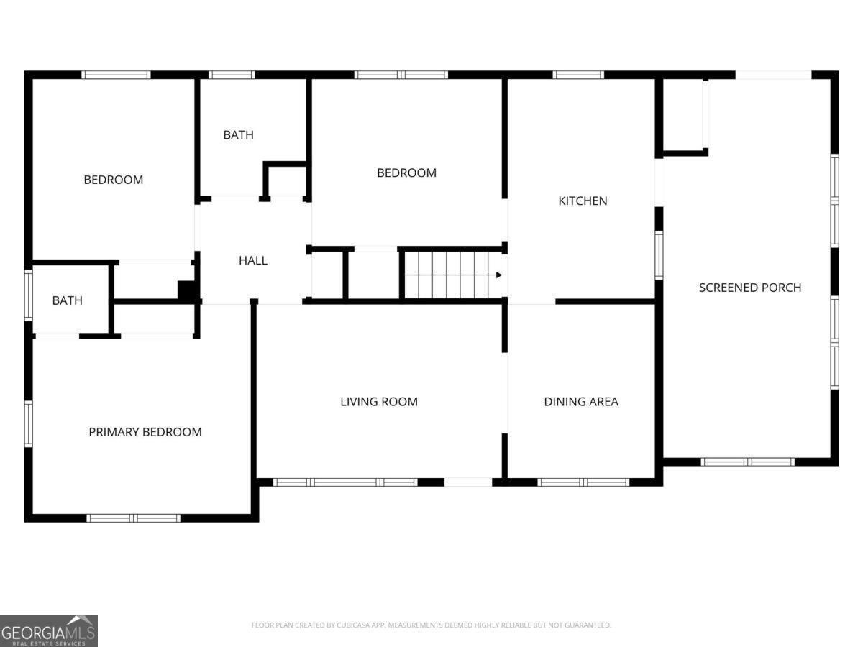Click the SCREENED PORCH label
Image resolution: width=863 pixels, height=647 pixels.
750,288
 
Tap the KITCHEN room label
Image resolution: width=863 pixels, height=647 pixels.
583,201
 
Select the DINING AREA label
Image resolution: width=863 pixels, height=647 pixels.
581,402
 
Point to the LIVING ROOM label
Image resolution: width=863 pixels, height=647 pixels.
379,402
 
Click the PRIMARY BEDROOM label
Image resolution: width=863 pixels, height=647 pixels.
145,432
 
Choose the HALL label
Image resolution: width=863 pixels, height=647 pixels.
253,260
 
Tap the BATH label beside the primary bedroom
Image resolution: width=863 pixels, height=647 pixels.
67,300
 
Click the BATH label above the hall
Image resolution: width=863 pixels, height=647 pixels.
238,134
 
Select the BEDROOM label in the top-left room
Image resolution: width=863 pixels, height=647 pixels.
114,180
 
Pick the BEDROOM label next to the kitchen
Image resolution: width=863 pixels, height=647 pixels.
407,173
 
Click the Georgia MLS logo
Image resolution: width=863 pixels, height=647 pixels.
49,630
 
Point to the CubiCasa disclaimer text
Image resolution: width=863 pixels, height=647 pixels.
431,625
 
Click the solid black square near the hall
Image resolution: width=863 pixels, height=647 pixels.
187,290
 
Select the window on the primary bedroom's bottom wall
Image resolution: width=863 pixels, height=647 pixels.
134,518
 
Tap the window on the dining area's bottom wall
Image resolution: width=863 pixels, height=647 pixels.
584,482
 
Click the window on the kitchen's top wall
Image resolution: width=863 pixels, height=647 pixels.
578,75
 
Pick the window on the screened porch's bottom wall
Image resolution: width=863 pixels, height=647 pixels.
748,462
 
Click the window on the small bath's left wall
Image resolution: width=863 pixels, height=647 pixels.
29,295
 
